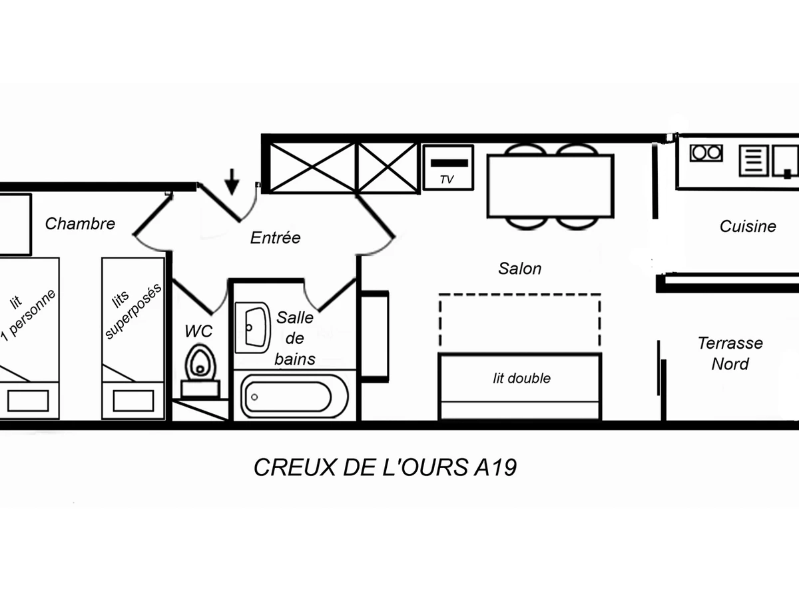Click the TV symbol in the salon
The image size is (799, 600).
point(448,167)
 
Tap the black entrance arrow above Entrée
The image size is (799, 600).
point(232,181)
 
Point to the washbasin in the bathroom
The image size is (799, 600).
point(254,327)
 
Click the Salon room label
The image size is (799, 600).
point(520,269)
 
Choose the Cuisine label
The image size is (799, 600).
point(748,227)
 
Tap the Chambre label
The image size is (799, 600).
point(80,224)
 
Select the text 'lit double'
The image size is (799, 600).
point(521,379)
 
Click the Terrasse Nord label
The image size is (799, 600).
point(730,353)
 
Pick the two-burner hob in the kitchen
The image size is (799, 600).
point(706,153)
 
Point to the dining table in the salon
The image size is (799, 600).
point(550,186)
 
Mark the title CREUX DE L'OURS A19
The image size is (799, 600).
point(385,468)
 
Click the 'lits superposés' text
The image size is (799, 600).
point(134,310)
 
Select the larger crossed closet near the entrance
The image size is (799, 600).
point(312,167)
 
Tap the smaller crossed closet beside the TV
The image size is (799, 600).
point(388,167)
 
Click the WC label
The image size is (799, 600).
point(198,331)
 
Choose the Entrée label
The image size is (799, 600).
point(275,238)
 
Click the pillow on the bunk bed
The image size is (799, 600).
point(133,401)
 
